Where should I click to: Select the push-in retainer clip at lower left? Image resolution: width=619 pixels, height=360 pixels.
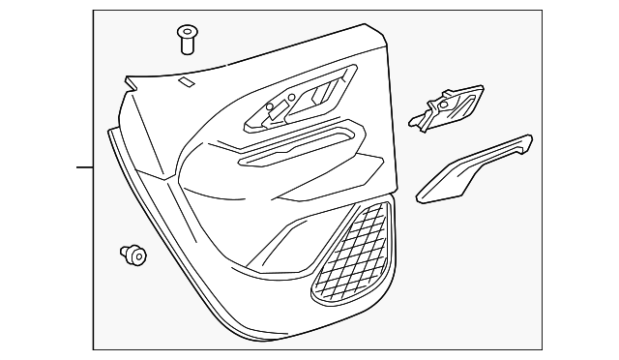133,255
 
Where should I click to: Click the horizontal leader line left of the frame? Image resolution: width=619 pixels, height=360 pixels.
85,167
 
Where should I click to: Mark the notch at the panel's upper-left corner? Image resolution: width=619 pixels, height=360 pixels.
128,83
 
